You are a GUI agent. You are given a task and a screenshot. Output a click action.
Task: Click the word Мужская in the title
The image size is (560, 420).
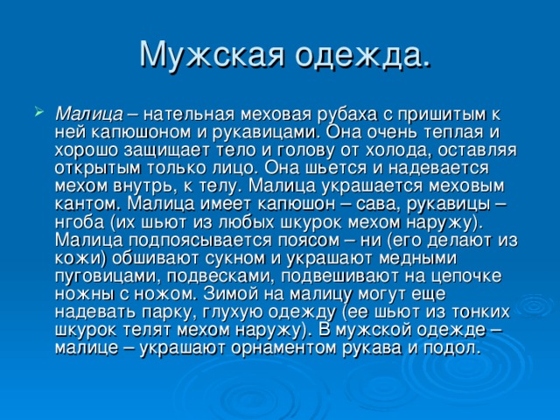tap(212, 55)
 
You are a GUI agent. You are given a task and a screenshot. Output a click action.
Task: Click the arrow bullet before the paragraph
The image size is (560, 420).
tap(38, 111)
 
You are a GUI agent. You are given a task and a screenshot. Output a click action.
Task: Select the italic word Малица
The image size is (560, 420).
tap(89, 115)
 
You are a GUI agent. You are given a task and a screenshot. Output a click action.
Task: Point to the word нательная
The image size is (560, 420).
tap(189, 115)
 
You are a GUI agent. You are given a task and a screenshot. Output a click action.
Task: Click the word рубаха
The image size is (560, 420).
tap(342, 115)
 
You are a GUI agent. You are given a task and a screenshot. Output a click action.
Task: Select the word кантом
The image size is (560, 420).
tap(89, 205)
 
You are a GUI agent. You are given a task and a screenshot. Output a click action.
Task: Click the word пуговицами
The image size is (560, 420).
tap(107, 276)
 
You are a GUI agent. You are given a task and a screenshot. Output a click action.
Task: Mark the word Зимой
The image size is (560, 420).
tap(229, 294)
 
